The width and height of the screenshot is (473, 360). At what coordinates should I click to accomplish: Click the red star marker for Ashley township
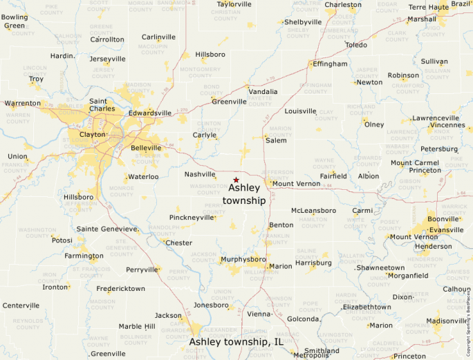[x=236, y=180]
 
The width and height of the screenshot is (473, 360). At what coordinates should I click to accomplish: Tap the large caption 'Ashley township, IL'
[x=236, y=341]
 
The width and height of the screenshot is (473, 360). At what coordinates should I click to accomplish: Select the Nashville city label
[x=200, y=175]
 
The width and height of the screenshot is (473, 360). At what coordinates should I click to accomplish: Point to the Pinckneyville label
[x=192, y=217]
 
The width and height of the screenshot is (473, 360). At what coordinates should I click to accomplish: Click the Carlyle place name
[x=204, y=135]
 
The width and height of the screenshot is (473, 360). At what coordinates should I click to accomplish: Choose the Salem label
[x=276, y=140]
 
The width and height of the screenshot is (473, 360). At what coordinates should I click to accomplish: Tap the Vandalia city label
[x=263, y=91]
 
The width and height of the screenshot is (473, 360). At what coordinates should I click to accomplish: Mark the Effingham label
[x=330, y=64]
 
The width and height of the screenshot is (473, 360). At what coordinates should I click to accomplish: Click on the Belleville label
[x=146, y=148]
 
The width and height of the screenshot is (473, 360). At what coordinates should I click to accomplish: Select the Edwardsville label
[x=150, y=113]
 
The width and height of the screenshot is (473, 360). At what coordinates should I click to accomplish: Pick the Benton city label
[x=281, y=225]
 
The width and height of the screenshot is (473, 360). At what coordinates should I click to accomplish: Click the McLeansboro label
[x=313, y=210]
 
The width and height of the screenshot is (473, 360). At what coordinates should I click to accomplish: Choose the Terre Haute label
[x=428, y=7]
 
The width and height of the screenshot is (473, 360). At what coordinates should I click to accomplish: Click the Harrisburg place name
[x=313, y=263]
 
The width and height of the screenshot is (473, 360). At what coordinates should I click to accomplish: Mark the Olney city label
[x=373, y=124]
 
